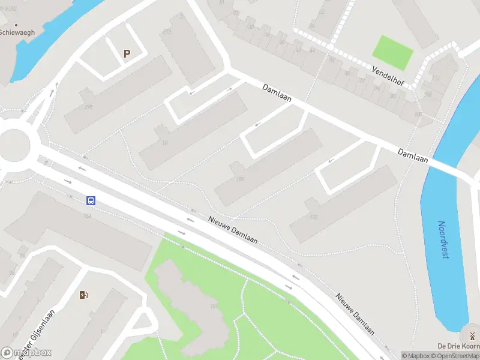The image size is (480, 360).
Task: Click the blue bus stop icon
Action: pyautogui.click(x=91, y=201)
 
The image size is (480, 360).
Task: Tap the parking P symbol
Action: pyautogui.click(x=127, y=54)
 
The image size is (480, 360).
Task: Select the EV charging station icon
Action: pyautogui.click(x=83, y=294)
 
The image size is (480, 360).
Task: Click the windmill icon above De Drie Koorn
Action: pyautogui.click(x=472, y=336)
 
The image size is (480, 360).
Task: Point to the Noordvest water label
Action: pyautogui.click(x=443, y=239)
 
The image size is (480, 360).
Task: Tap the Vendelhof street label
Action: pyautogui.click(x=388, y=76)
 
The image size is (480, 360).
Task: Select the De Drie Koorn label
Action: pyautogui.click(x=458, y=346)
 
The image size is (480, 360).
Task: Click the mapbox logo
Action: pyautogui.click(x=26, y=353)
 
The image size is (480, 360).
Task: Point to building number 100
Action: pyautogui.click(x=241, y=179)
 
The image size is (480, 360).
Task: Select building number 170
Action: pyautogui.click(x=313, y=218)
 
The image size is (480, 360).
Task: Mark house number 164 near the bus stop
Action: pyautogui.click(x=88, y=215)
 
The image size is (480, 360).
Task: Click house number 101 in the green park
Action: pyautogui.click(x=213, y=307)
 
